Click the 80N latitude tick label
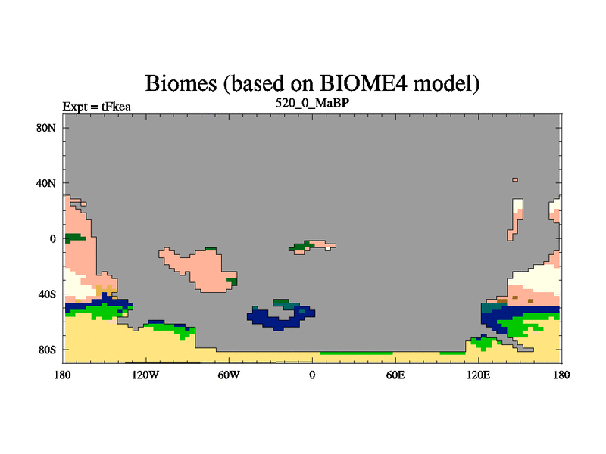pos(46,128)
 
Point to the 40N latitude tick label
pos(46,183)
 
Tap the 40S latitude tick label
pos(47,294)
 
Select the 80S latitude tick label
pos(47,350)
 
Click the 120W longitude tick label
pos(145,375)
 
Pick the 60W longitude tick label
pos(229,375)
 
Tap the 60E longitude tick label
pos(395,375)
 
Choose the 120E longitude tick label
pos(479,375)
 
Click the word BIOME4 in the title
pos(364,83)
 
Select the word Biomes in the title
pos(181,83)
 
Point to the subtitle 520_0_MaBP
pos(312,103)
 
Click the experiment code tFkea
pos(116,107)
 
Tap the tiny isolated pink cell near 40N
pos(515,179)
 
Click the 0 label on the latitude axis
pos(52,239)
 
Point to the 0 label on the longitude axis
pos(312,375)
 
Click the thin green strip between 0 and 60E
pos(356,353)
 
